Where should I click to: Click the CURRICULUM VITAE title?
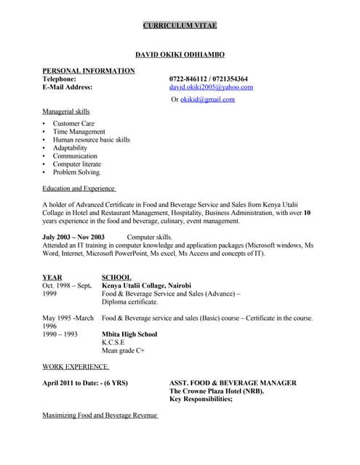180,26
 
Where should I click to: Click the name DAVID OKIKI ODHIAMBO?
180,54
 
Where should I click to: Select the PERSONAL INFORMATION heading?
88,70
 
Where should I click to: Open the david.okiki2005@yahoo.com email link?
211,87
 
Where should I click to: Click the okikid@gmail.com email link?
207,100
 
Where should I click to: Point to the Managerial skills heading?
66,112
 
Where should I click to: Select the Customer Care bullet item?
73,124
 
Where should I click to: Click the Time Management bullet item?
79,132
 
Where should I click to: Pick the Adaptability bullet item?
70,148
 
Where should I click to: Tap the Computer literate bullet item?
76,164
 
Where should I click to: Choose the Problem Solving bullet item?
76,172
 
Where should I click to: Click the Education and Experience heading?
79,189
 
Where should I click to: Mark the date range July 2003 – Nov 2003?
73,238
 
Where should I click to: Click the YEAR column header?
52,278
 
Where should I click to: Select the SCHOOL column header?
116,278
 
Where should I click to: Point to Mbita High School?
129,335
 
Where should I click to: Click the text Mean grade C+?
123,351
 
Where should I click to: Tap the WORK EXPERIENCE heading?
76,367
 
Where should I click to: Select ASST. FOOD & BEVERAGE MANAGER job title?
233,383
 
